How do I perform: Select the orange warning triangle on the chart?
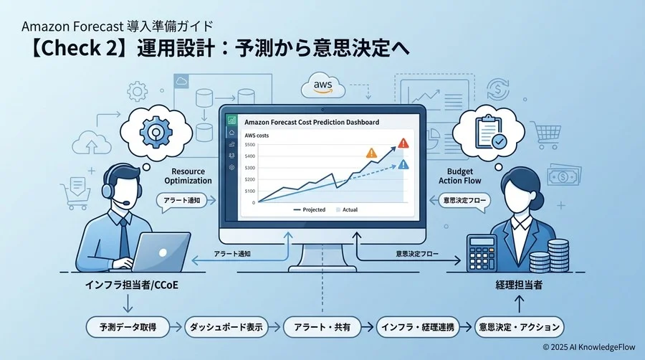coord(371,153)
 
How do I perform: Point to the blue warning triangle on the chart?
coord(403,165)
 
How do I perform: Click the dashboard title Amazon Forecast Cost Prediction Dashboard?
coord(312,123)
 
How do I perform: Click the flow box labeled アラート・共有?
coord(322,327)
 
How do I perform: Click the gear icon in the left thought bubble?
coord(156,131)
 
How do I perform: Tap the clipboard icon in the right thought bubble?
coord(492,132)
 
